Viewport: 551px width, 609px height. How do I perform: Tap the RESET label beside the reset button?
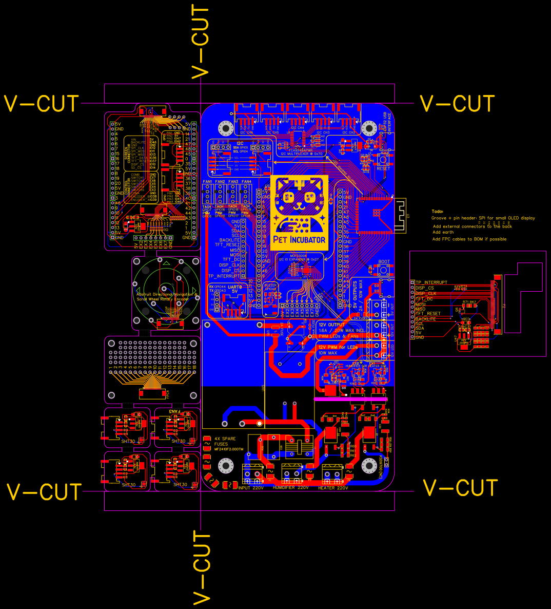383,168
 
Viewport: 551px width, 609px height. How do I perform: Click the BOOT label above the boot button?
384,262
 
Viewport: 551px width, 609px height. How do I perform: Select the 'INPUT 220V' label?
251,488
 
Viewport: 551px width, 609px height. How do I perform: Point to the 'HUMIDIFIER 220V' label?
291,488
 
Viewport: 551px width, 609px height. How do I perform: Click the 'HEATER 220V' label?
333,488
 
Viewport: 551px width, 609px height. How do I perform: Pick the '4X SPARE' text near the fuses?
225,439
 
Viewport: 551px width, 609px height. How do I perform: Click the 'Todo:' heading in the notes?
438,211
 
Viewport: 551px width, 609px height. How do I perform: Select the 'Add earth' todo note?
443,233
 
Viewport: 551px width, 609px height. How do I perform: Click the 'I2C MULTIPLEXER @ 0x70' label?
301,154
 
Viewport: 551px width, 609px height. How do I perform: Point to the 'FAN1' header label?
207,182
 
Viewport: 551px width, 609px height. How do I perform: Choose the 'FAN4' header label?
246,182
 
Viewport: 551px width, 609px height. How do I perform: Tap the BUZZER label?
270,285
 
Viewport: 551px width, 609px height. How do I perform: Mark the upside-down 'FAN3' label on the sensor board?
175,412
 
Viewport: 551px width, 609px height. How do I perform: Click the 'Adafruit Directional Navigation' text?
163,294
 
